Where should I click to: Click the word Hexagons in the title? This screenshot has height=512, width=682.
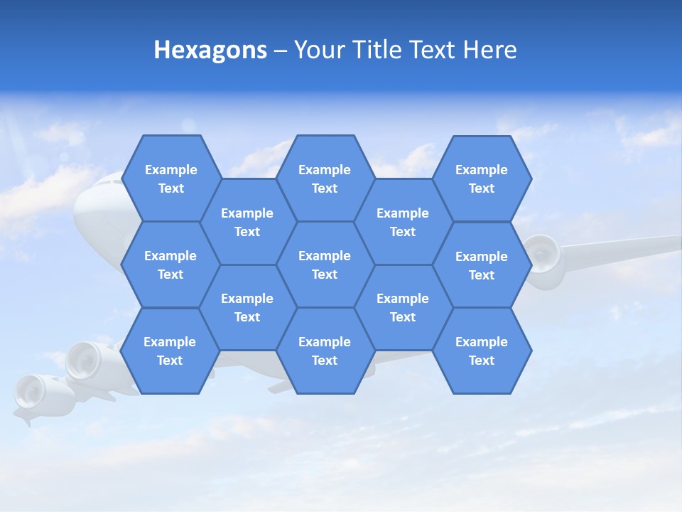[210, 50]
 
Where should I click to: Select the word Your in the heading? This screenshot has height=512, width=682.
[318, 50]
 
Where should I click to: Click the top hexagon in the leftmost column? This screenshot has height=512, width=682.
[171, 178]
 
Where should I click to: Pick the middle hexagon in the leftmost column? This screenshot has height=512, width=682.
[170, 265]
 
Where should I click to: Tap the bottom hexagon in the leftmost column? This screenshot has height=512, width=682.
[170, 351]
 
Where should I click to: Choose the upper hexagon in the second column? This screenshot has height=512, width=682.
[247, 222]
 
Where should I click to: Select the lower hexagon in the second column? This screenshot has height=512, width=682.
[247, 307]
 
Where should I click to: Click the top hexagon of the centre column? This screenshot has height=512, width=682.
[325, 178]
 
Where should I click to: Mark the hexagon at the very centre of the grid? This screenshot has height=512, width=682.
[325, 265]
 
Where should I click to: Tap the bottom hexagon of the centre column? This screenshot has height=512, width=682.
[325, 351]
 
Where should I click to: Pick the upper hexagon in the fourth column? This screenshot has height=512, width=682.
[403, 222]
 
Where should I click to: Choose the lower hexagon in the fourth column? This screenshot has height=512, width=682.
[403, 307]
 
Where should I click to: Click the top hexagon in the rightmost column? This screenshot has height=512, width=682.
[482, 178]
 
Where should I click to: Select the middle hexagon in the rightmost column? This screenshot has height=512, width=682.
[482, 265]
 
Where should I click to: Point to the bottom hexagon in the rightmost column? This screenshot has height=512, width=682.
[482, 351]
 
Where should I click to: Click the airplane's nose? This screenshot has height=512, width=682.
[89, 206]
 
